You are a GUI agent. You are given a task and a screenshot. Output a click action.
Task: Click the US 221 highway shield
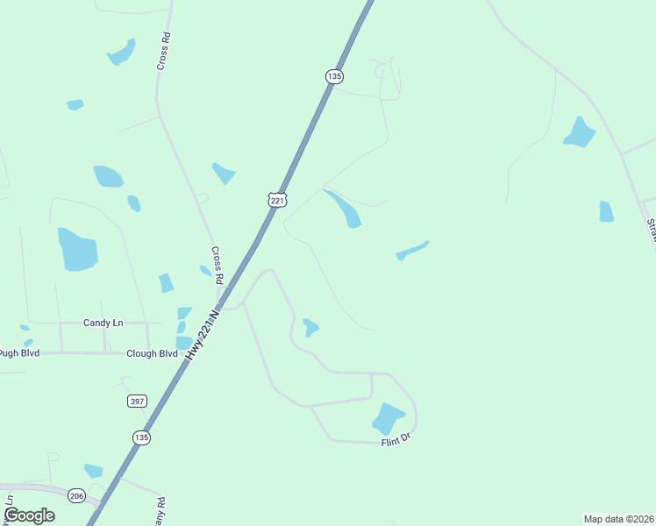[x=277, y=200]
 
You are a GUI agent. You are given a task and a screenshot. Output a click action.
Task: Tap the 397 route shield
[x=136, y=401]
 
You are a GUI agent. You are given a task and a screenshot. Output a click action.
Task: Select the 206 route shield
[x=76, y=494]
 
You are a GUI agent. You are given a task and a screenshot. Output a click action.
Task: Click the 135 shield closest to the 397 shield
[x=142, y=437]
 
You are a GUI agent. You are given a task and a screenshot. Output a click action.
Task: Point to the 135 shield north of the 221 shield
[x=333, y=76]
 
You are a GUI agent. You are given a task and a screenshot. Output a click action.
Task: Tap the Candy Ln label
[x=103, y=323]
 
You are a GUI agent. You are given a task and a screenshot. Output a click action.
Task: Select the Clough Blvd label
[x=151, y=354]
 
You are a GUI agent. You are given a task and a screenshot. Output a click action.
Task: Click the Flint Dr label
[x=396, y=441]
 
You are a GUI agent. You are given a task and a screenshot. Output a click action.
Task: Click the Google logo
[x=29, y=515]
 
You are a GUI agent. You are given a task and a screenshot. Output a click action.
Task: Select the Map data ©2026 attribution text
[x=618, y=519]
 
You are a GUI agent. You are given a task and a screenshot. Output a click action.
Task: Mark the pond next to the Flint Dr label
[x=388, y=418]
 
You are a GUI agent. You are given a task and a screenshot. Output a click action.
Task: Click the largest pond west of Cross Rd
[x=77, y=249]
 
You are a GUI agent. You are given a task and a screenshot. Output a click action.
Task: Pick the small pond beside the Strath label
[x=606, y=211]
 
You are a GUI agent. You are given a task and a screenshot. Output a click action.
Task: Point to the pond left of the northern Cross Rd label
[x=121, y=52]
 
